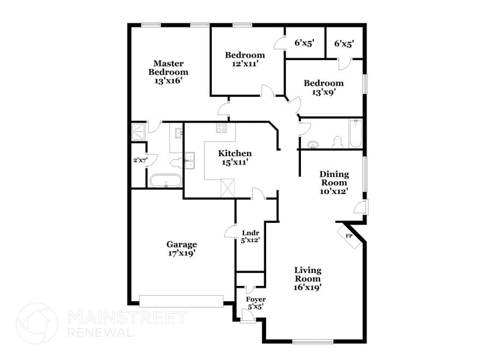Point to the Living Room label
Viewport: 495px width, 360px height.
click(307, 278)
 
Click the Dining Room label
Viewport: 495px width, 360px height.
click(333, 182)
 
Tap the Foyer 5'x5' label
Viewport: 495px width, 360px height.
click(256, 302)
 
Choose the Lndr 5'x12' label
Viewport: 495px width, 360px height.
click(251, 236)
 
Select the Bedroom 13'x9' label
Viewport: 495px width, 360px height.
click(324, 88)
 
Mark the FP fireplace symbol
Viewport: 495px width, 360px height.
click(349, 236)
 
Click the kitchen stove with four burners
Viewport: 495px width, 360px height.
click(221, 129)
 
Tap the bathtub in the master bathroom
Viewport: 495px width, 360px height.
click(165, 181)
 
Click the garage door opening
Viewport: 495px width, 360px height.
click(181, 301)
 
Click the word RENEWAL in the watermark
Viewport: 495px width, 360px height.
click(102, 332)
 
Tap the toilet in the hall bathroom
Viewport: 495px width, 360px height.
click(336, 142)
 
